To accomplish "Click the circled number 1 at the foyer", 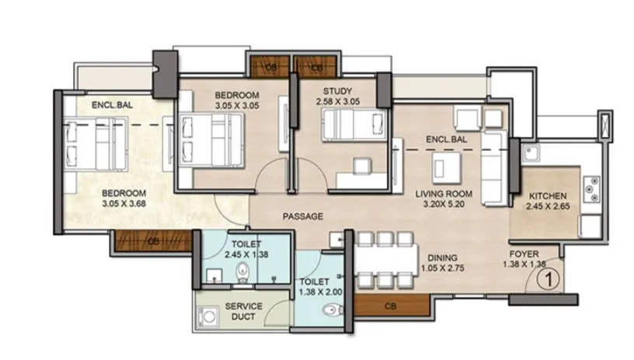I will click(x=549, y=274).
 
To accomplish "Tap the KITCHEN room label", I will click(x=548, y=196).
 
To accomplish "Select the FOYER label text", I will click(x=525, y=254).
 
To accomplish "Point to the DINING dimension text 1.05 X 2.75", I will click(x=440, y=267).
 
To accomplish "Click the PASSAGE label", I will click(x=302, y=216).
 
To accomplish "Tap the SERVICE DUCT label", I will click(x=243, y=311).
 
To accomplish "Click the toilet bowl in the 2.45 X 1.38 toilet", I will click(x=242, y=271).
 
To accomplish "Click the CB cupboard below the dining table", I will click(x=388, y=307).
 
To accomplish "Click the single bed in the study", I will click(x=353, y=125).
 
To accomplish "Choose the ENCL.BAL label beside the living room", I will click(x=446, y=140).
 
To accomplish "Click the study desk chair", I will click(x=360, y=167).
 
